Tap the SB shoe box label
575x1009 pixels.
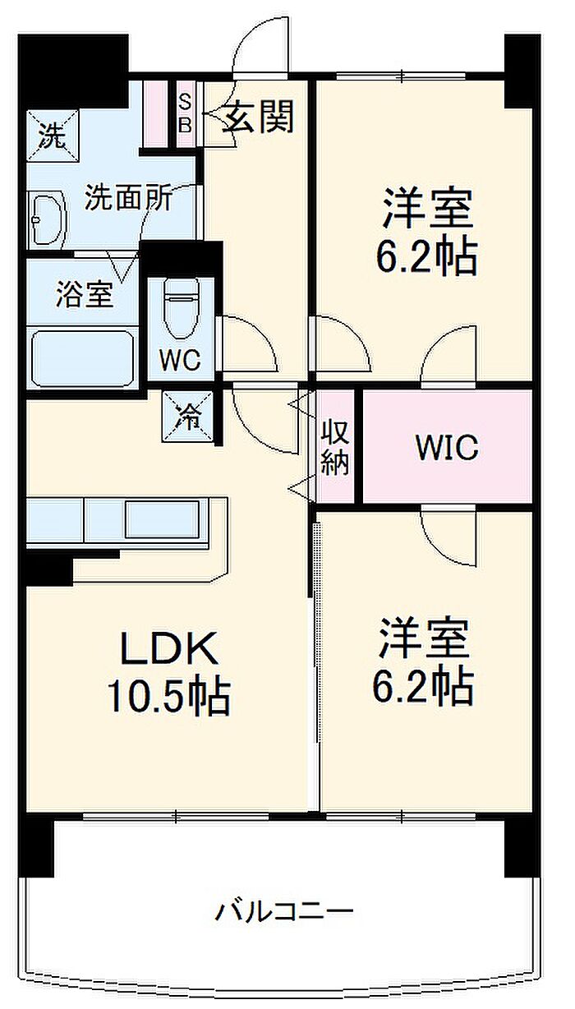pyautogui.click(x=185, y=113)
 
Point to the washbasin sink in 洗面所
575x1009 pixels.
pyautogui.click(x=47, y=219)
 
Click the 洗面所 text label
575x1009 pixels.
pyautogui.click(x=129, y=198)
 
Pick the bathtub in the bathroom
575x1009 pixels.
pyautogui.click(x=82, y=358)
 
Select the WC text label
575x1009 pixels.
pyautogui.click(x=180, y=361)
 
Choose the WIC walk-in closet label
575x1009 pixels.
pyautogui.click(x=446, y=449)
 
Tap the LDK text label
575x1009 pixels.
pyautogui.click(x=170, y=649)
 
